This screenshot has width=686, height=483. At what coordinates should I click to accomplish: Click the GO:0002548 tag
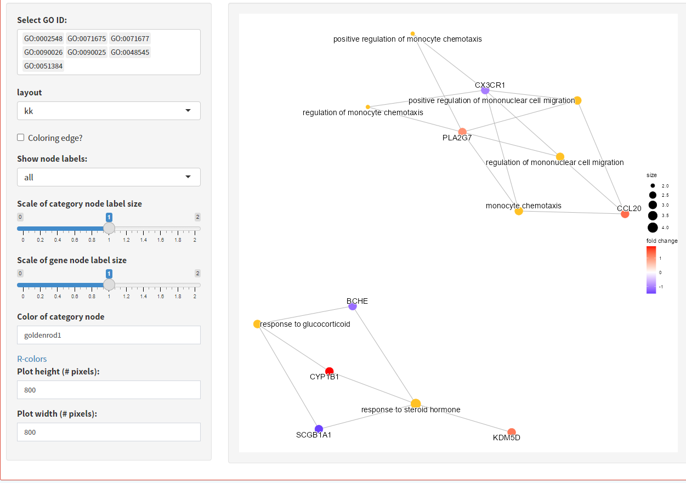43,38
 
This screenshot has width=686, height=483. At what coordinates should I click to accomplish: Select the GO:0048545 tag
130,53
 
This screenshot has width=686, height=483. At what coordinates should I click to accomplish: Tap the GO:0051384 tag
43,66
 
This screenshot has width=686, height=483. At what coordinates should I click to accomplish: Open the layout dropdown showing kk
109,111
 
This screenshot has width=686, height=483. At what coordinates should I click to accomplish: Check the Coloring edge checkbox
20,138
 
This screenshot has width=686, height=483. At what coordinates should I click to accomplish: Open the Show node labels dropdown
109,177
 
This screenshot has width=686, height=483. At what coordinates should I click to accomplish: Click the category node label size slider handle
109,228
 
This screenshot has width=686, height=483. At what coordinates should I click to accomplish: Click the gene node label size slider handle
109,285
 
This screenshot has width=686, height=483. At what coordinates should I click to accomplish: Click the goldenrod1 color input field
109,335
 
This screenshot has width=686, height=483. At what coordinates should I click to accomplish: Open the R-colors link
32,359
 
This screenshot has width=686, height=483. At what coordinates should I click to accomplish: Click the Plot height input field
109,390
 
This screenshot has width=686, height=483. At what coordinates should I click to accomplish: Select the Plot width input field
109,432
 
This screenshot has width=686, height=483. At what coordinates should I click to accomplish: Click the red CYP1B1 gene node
329,371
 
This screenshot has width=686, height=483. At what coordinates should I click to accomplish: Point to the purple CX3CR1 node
485,90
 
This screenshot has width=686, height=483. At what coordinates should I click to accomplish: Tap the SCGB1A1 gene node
319,429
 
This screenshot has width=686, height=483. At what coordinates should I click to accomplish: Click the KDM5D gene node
512,432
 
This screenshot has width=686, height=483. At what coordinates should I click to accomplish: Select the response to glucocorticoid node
257,324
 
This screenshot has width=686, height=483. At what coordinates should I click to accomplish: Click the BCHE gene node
353,306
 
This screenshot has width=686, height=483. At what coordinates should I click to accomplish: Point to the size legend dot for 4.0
653,228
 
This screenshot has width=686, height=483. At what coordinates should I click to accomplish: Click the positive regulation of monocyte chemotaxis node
413,33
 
